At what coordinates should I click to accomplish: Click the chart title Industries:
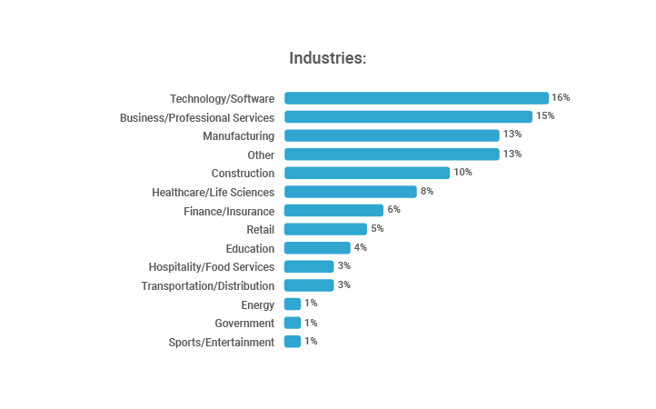327,58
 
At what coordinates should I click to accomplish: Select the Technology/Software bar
416,98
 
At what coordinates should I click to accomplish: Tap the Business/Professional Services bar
408,117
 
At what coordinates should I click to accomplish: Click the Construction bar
367,173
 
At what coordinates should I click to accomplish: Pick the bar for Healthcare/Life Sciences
350,192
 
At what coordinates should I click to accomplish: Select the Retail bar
325,229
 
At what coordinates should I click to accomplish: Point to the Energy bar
293,304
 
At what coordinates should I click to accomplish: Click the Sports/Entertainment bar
293,342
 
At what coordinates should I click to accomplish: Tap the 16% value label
561,97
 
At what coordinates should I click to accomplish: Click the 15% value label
544,116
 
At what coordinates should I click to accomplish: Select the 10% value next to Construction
462,172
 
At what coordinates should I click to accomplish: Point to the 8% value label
426,191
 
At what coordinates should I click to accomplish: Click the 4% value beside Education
360,247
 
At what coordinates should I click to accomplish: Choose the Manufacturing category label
238,136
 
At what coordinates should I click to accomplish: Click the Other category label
261,155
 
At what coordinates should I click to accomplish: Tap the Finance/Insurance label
228,211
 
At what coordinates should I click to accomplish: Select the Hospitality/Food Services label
211,267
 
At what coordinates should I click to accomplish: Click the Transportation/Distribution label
207,286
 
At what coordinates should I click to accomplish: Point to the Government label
244,324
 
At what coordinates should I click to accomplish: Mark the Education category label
250,248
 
